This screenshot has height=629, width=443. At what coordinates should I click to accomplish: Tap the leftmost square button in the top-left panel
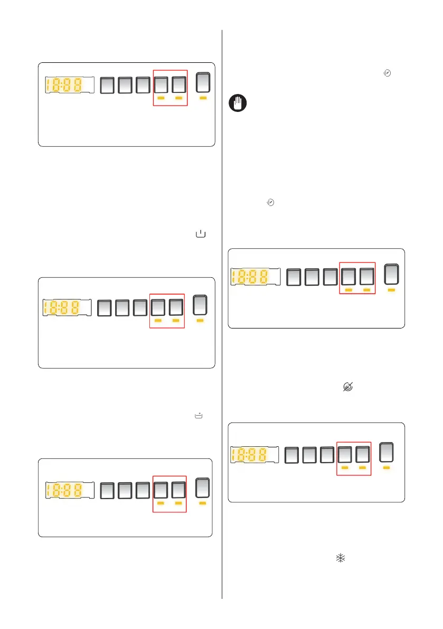pos(107,85)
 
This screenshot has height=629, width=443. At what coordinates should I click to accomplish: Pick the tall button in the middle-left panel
pos(200,305)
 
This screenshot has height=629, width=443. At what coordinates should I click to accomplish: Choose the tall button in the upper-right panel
pos(391,274)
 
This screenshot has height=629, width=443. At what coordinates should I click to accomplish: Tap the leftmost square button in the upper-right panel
pos(295,277)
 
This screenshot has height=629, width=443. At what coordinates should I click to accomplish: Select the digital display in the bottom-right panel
pos(255,454)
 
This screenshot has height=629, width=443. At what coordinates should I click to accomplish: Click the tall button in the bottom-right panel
pos(387,452)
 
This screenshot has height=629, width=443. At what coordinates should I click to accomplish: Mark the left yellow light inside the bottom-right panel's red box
pos(345,468)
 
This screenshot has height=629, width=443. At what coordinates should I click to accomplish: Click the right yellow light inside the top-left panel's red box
pos(178,98)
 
